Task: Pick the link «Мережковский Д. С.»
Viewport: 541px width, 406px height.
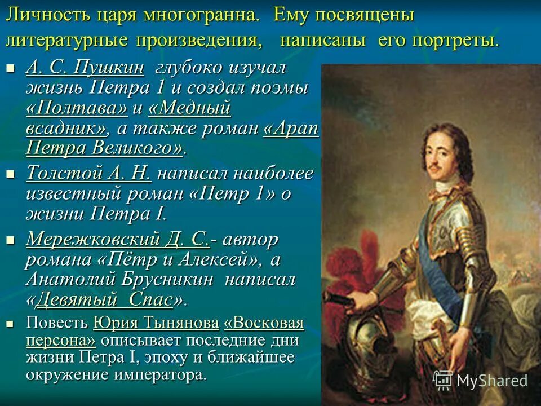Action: coord(118,240)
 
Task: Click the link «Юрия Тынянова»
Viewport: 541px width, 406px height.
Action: coord(156,324)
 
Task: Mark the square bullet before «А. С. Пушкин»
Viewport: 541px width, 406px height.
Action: coord(10,69)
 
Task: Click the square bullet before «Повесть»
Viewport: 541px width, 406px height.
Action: coord(10,324)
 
